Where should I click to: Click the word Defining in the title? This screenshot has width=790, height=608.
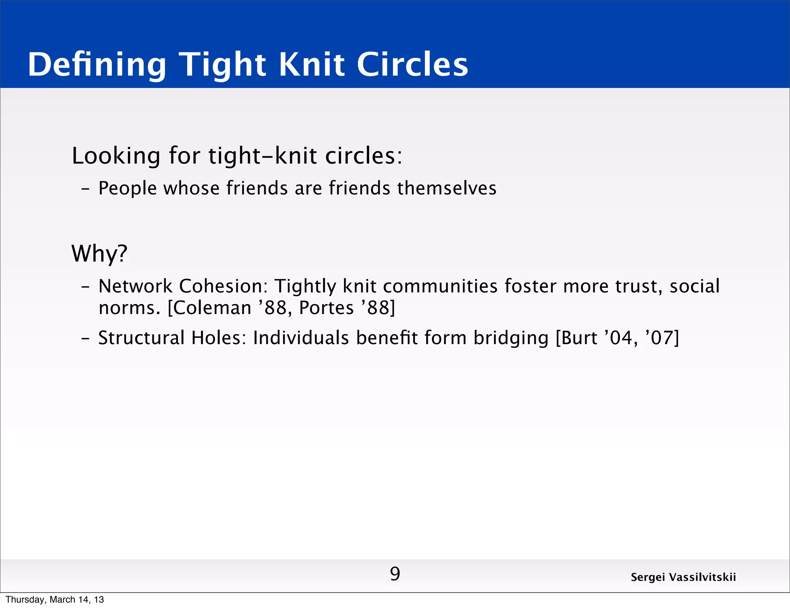point(97,65)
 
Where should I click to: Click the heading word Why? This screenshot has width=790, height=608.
point(99,254)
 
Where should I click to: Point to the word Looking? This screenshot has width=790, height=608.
point(116,156)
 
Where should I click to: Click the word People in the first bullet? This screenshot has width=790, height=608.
point(127,189)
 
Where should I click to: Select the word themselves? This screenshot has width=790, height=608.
point(447,188)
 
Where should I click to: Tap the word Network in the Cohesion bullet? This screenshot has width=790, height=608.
point(135,286)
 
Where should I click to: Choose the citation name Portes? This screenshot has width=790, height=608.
point(326,308)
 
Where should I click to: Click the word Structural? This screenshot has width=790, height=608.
point(141,338)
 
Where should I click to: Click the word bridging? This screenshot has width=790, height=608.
point(511,338)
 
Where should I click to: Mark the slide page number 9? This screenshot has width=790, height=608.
point(395,574)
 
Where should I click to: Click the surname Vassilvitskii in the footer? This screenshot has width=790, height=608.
point(702,577)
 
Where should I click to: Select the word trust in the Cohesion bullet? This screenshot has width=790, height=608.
point(638,286)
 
